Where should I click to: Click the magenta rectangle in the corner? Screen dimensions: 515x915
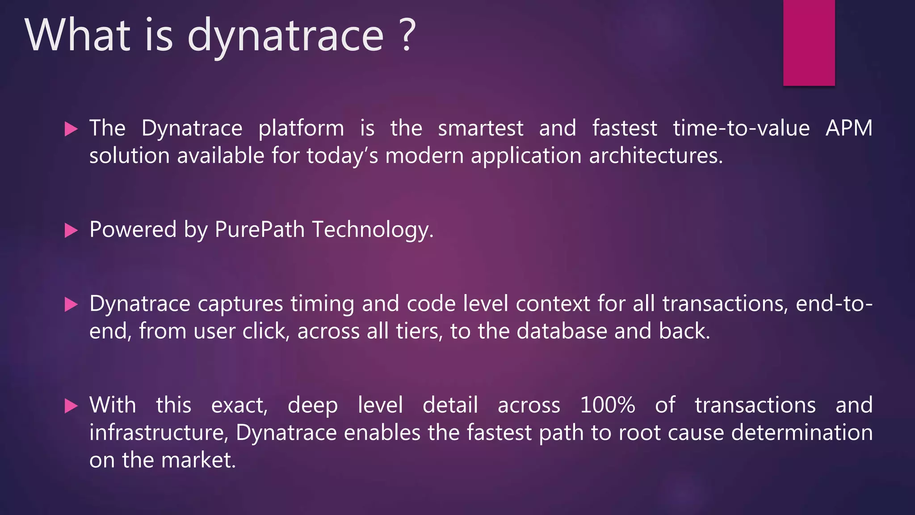809,42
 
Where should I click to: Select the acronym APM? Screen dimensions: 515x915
848,128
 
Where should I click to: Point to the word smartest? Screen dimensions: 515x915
480,128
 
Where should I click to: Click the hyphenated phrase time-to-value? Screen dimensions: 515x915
741,128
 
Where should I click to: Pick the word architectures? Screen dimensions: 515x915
655,156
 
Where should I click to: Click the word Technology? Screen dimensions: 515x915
373,230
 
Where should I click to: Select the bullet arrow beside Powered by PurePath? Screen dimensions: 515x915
71,231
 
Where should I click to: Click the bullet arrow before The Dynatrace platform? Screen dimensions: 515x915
71,129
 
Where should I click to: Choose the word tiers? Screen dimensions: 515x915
419,331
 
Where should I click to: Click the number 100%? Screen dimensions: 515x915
608,405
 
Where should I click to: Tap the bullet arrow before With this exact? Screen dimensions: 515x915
71,406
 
